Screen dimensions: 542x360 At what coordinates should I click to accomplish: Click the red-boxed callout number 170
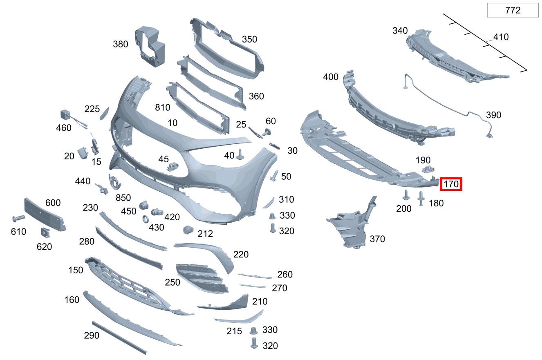[451, 184]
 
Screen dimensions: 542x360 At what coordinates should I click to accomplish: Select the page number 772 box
[513, 10]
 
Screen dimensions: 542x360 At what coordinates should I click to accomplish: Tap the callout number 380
[121, 44]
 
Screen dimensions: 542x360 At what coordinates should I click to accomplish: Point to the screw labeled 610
[19, 218]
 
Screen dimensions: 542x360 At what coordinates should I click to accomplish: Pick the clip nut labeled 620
[45, 233]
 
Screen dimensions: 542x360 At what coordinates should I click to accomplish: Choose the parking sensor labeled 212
[188, 230]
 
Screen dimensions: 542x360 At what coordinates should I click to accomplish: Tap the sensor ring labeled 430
[146, 219]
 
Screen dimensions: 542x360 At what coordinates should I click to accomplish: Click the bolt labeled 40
[240, 154]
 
